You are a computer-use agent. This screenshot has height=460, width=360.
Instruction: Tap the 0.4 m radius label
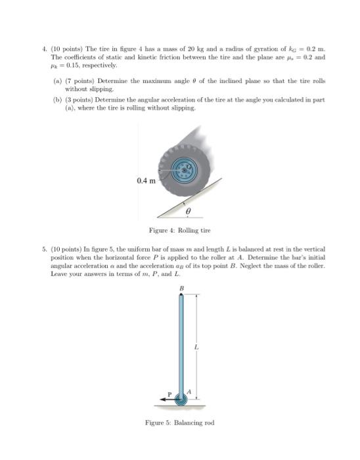146,180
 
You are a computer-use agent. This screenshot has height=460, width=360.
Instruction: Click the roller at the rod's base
180,398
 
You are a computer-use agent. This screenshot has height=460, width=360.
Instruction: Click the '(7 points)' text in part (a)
76,80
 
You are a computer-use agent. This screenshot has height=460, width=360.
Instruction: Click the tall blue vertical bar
181,342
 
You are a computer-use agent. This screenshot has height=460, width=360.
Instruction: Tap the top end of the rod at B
181,296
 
